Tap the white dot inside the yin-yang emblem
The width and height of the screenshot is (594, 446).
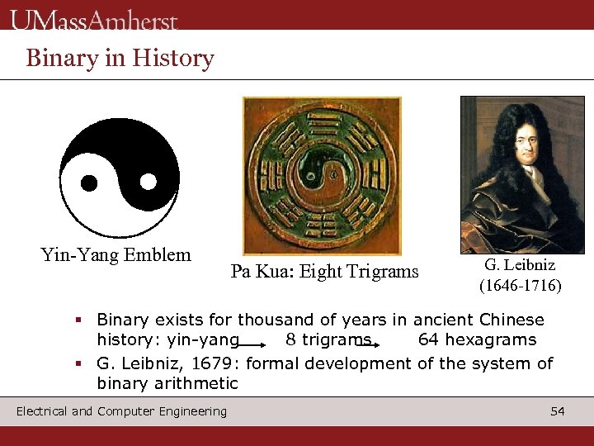point(148,181)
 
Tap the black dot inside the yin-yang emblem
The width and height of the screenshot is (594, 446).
point(89,182)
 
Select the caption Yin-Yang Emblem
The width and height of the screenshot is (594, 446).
point(115,254)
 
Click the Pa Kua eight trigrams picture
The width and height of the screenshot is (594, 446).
point(322,176)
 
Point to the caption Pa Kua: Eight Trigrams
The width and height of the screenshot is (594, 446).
point(324,271)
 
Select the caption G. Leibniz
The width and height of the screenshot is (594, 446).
point(520,265)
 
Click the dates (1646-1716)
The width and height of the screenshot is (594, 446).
point(520,286)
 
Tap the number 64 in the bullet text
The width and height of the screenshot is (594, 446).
point(428,339)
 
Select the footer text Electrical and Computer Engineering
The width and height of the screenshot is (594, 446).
point(121,411)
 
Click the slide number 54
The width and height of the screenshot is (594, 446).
point(558,411)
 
